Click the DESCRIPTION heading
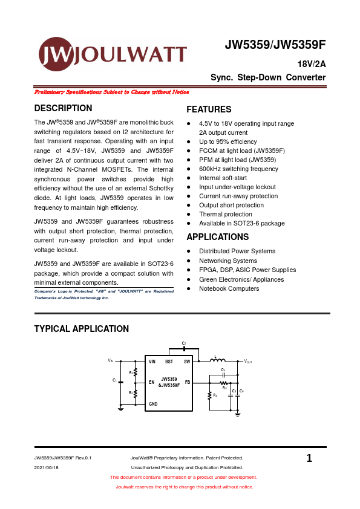pos(63,109)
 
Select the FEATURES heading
pos(209,110)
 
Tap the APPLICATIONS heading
pos(217,237)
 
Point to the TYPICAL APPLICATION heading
pos(81,329)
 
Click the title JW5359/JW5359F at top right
pos(275,45)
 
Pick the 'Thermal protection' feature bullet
pos(225,214)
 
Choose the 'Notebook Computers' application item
pos(229,288)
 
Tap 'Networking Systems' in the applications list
pos(227,261)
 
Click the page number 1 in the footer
pos(309,459)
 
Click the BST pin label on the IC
pos(169,361)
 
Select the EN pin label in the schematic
pos(152,382)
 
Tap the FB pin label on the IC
pos(187,382)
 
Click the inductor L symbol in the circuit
pos(217,361)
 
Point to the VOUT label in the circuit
pos(247,361)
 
